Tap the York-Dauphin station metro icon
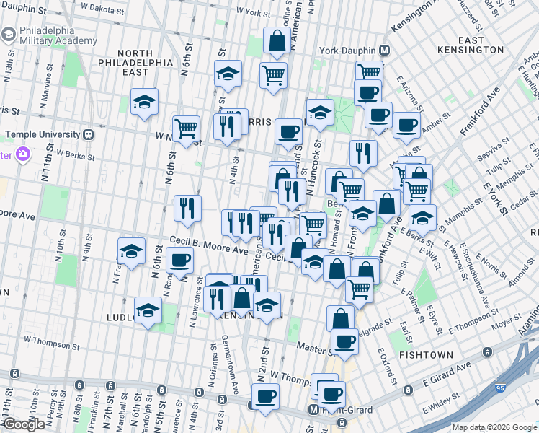[x=384, y=51]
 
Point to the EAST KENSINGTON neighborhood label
[x=470, y=45]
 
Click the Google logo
[x=24, y=424]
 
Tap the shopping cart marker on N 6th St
[x=186, y=129]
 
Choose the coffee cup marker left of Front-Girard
[x=265, y=396]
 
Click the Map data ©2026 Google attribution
[x=494, y=427]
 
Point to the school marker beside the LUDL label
[x=148, y=310]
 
